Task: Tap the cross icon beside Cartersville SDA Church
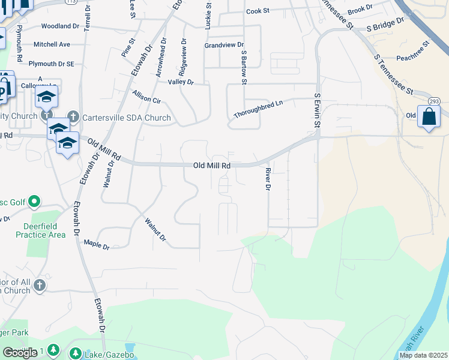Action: [x=73, y=116]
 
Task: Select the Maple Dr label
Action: [x=97, y=244]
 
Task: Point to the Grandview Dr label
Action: [x=224, y=45]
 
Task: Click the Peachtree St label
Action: [x=414, y=59]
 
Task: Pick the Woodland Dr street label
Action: [x=60, y=26]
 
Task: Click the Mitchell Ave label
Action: [x=52, y=44]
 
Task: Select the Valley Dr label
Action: [x=181, y=82]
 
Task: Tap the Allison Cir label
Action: [x=147, y=97]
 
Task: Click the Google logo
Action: [x=20, y=352]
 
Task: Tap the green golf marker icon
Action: [x=35, y=202]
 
